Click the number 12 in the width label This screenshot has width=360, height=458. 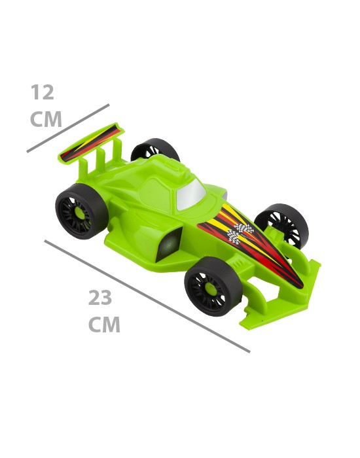43,92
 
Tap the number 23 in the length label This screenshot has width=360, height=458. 100,298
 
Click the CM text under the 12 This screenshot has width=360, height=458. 46,119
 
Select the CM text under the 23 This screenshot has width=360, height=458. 104,325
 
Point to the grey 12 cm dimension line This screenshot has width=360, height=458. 68,128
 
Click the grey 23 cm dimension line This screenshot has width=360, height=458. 147,296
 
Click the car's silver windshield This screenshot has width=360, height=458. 191,194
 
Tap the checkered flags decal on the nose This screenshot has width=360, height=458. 240,232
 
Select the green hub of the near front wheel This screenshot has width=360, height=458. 211,289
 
